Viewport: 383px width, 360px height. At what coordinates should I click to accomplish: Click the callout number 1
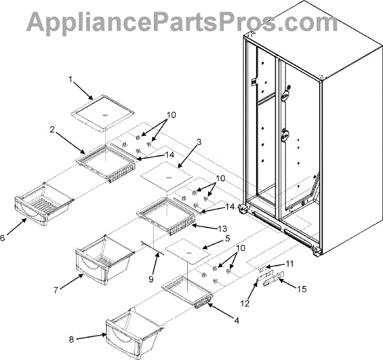click(71, 80)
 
